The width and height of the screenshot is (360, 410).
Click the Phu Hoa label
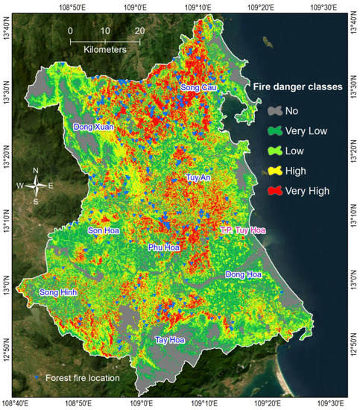tap(165, 247)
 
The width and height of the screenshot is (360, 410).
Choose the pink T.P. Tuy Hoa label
tap(242, 230)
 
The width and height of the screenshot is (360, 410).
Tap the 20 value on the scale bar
tap(139, 31)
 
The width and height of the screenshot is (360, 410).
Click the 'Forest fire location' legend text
tap(83, 378)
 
